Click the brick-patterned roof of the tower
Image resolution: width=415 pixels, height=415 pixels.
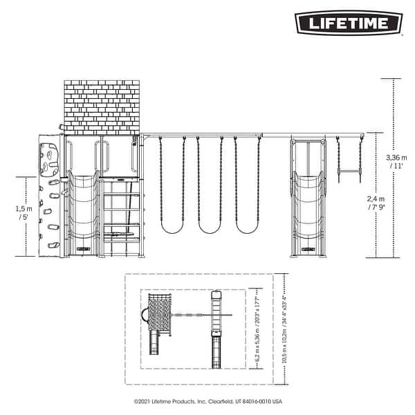102,107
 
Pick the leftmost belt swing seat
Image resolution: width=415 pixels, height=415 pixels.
172,228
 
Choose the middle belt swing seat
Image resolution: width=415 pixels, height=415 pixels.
209,228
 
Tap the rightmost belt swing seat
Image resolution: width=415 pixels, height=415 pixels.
247,228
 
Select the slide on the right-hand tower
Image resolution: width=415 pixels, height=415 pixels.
306,211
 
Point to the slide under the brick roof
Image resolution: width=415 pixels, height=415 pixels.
83,211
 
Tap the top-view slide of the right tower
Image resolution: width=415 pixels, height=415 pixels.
216,353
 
